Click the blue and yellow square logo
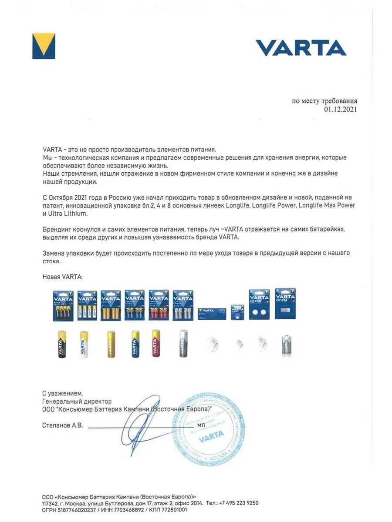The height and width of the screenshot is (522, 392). [44, 46]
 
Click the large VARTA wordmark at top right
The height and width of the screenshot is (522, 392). [301, 48]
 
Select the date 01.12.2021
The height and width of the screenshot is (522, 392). [340, 110]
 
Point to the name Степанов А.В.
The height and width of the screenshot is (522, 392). [62, 425]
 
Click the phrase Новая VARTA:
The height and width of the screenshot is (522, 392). [62, 277]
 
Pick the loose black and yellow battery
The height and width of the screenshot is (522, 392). [61, 344]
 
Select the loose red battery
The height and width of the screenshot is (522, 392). [156, 343]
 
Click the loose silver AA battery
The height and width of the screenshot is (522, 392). [183, 343]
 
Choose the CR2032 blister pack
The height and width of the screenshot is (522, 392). [259, 304]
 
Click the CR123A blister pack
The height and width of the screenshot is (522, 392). [285, 304]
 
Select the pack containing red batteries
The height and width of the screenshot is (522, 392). [159, 305]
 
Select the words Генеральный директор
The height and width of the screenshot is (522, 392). [77, 402]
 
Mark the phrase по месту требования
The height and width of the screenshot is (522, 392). [324, 101]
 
